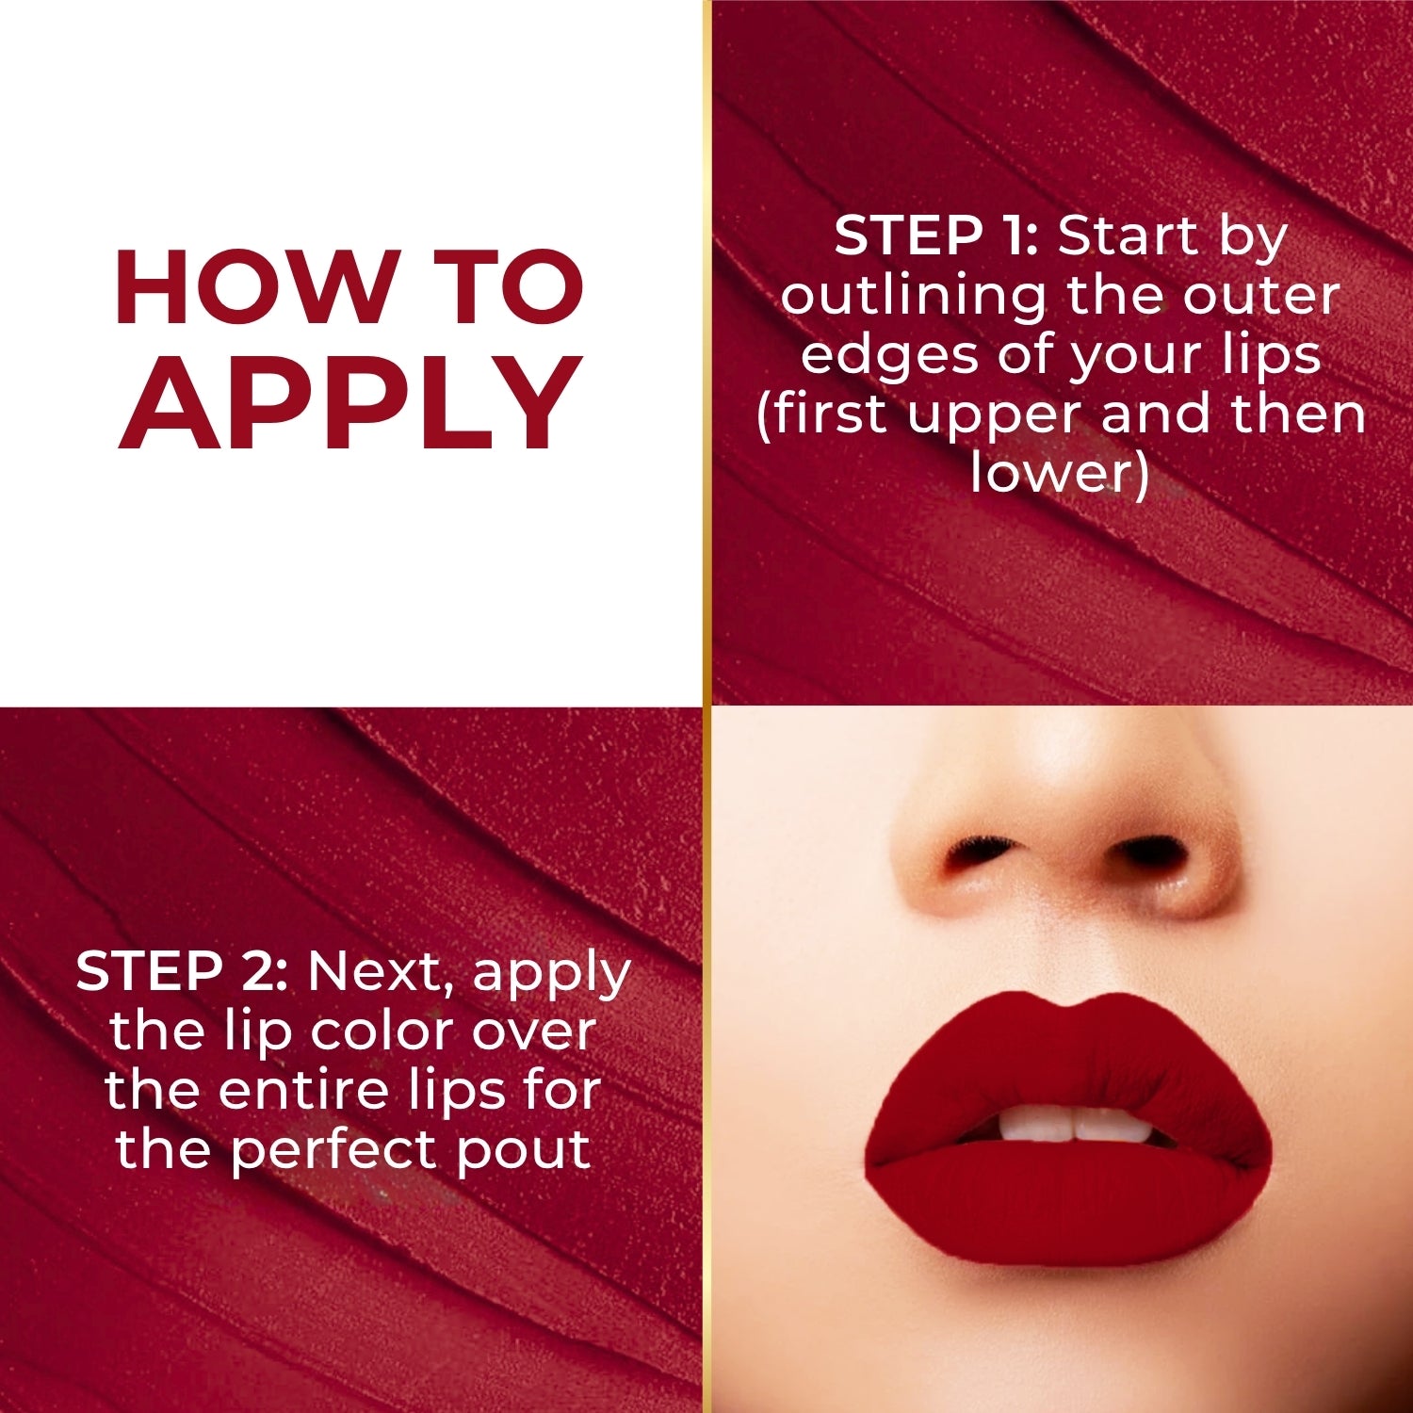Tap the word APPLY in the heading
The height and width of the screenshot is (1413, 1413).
[350, 405]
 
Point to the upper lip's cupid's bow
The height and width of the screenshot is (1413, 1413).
[1067, 1006]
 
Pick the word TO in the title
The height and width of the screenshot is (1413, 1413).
[513, 288]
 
